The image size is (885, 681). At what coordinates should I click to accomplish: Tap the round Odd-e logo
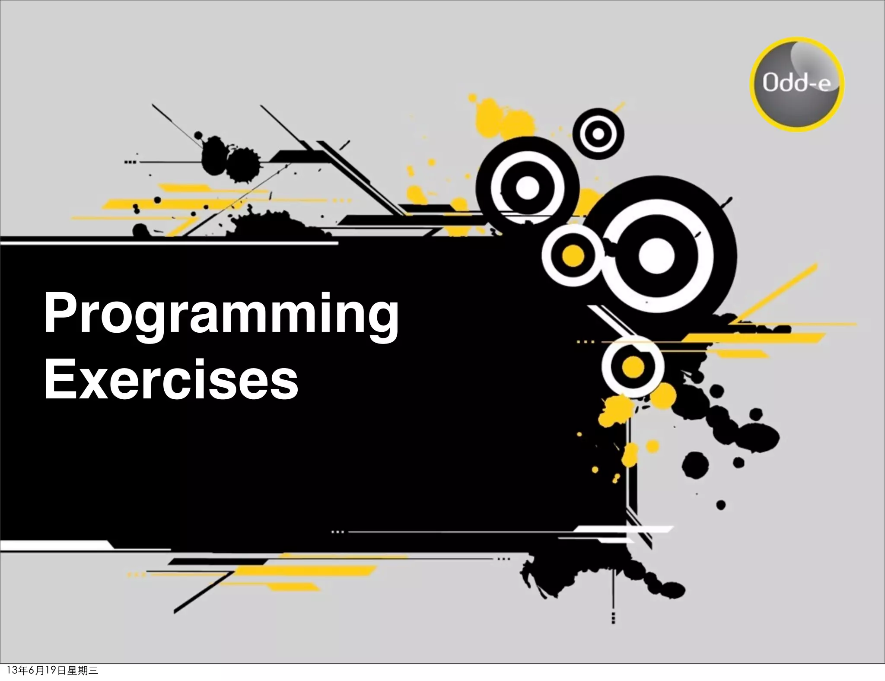click(x=797, y=84)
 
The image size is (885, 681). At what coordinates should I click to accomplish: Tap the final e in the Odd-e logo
click(x=824, y=85)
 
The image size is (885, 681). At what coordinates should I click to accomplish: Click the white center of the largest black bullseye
click(x=656, y=255)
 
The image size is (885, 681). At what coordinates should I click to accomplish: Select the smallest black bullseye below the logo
click(x=598, y=134)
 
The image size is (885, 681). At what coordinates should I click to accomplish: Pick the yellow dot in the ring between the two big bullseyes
click(x=573, y=256)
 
